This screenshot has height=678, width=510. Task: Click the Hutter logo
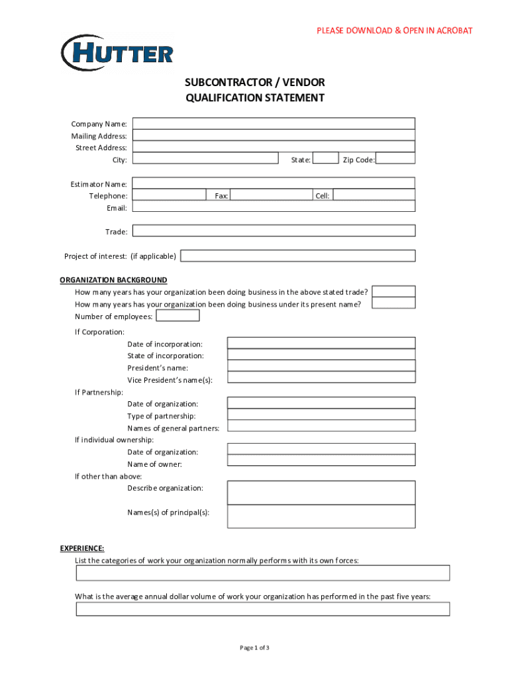(117, 53)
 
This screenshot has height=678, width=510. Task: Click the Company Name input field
(274, 124)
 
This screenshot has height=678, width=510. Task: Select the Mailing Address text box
(274, 136)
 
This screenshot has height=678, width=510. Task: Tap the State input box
(325, 159)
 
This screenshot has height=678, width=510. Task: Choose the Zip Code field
(395, 159)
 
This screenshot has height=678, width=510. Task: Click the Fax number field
(272, 195)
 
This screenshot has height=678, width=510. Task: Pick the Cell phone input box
(374, 195)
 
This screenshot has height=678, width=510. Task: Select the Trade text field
(274, 231)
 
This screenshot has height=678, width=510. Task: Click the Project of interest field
(298, 256)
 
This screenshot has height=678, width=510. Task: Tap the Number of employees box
(177, 316)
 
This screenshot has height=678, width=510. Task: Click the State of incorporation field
(321, 355)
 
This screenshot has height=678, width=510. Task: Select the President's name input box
(321, 367)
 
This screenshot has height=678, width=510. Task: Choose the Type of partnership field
(321, 415)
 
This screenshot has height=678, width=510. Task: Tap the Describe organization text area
(321, 493)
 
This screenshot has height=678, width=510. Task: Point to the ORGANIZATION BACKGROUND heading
(113, 280)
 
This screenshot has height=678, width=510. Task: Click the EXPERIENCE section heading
(82, 548)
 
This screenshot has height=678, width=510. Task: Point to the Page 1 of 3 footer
(254, 648)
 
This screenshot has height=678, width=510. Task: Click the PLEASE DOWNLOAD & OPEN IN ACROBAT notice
(394, 31)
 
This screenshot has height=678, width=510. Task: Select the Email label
(117, 208)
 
